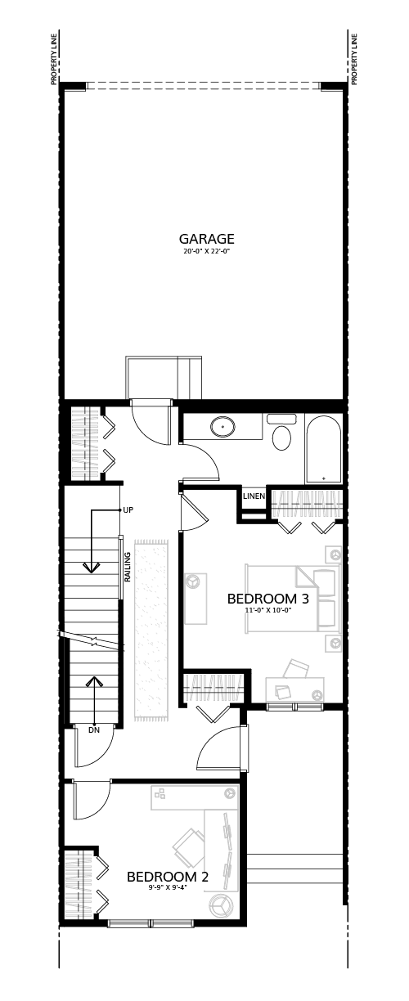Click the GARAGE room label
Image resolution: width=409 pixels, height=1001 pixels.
coord(206,239)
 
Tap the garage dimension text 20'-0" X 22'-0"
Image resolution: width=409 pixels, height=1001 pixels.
coord(206,252)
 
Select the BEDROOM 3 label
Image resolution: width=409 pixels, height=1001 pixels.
coord(268,599)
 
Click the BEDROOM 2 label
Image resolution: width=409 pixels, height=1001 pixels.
coord(168,877)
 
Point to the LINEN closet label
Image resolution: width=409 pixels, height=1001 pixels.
coord(254,496)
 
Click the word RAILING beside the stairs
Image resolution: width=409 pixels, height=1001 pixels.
coord(128,567)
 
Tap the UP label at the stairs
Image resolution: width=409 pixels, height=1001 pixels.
coord(128,509)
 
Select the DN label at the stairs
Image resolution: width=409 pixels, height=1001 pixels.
coord(94,730)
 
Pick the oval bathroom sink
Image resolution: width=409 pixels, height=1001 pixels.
coord(223,426)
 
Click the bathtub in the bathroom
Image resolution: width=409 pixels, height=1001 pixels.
coord(324,449)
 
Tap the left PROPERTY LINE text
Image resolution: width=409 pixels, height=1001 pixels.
coord(54,59)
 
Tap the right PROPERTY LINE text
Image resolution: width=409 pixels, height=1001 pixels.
coord(355,59)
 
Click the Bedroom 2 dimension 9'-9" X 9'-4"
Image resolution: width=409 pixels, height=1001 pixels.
coord(168,887)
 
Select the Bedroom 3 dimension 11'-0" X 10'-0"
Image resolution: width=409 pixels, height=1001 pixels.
coord(268,609)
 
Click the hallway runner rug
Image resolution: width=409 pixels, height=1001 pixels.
coord(152,630)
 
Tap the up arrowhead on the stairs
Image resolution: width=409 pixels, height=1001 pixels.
coord(93,681)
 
